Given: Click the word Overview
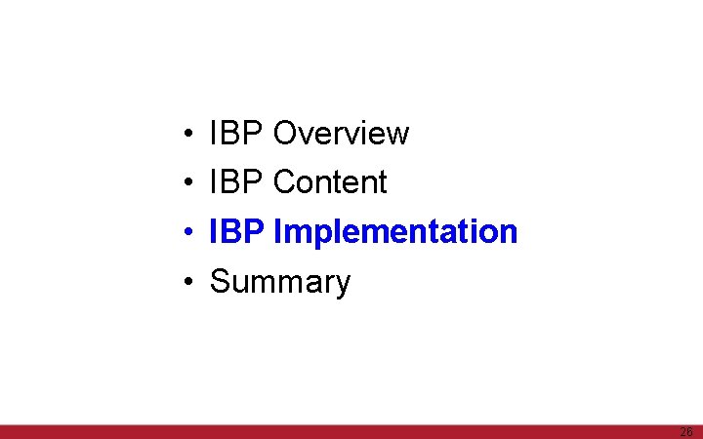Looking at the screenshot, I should tap(341, 133).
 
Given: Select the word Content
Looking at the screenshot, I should tap(330, 182).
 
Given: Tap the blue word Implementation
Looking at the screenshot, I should tap(395, 232).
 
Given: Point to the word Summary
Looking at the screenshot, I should tap(280, 282).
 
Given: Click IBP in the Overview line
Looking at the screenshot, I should tap(237, 133).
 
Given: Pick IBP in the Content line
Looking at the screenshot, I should tap(237, 182).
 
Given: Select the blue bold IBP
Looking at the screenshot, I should tap(238, 232).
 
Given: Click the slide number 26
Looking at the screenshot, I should tap(685, 431).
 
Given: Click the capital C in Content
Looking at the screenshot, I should tap(284, 182).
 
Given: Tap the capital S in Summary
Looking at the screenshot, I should tap(221, 282).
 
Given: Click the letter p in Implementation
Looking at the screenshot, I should tap(314, 235).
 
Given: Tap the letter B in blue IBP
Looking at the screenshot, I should tap(236, 232).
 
